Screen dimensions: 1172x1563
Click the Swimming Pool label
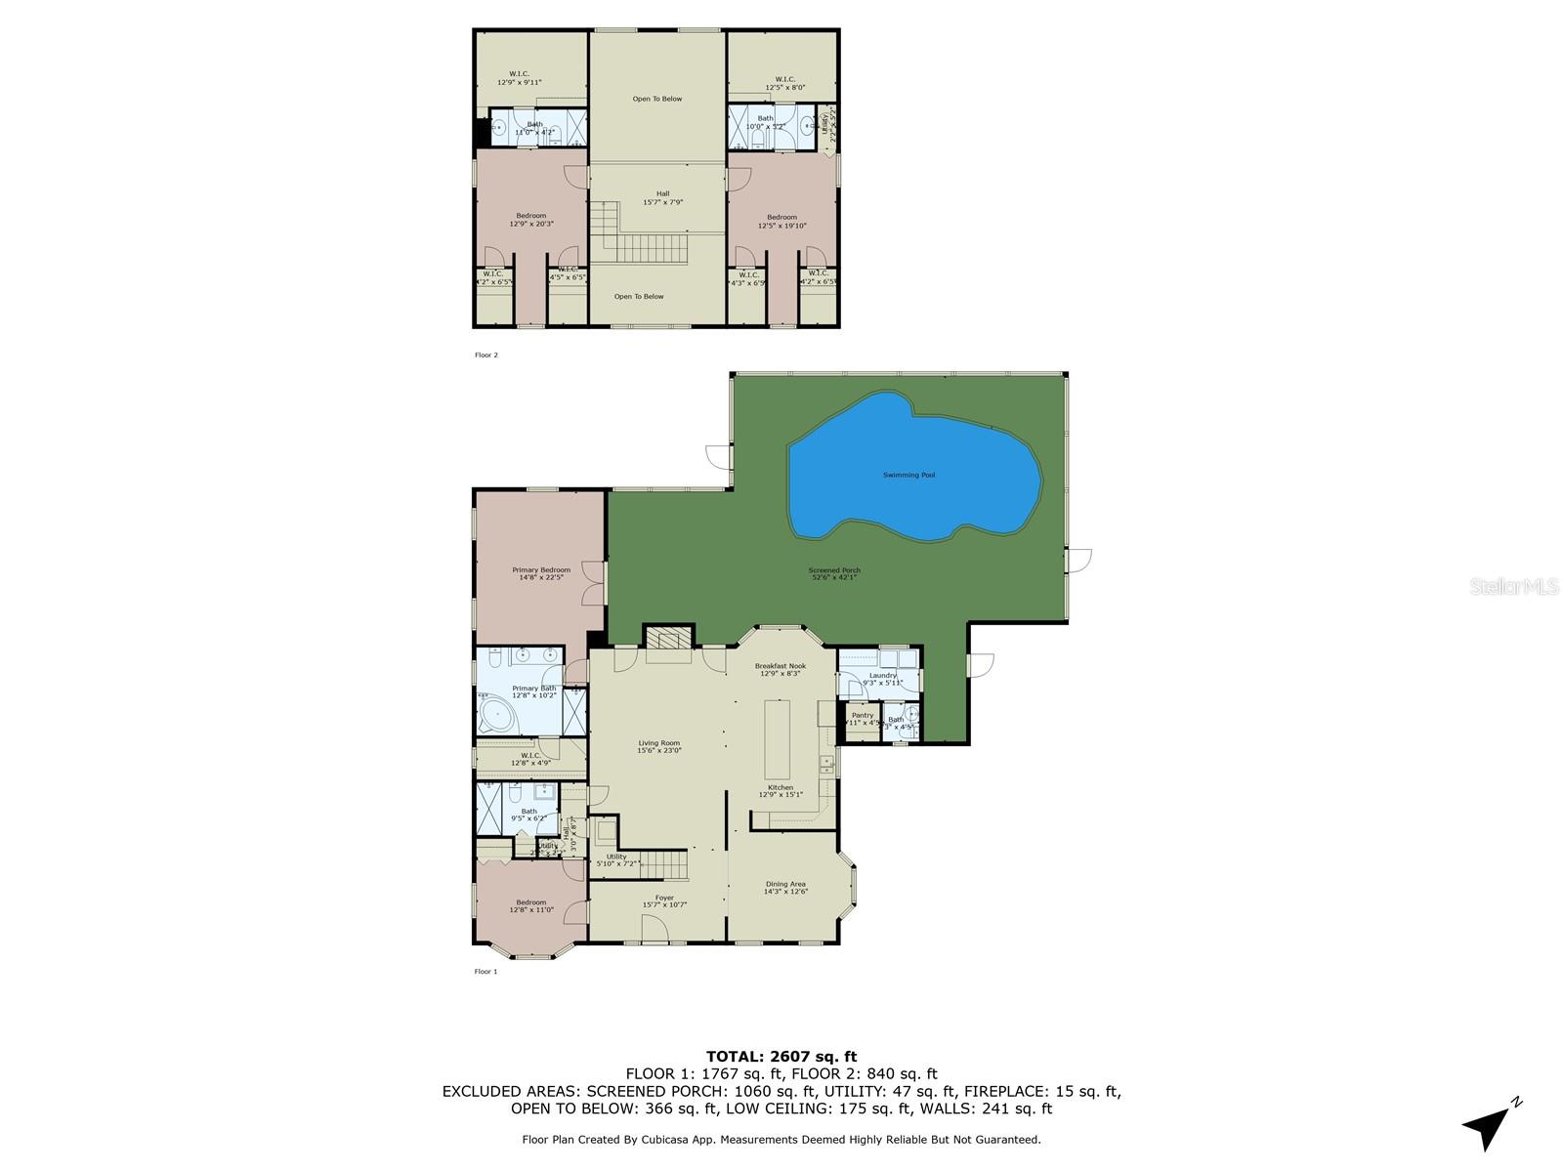point(908,475)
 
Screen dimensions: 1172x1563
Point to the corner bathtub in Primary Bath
point(499,715)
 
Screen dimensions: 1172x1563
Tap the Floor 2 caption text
point(486,356)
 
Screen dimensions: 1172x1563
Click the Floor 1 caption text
point(486,972)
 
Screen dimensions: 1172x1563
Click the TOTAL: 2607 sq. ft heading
point(781,1056)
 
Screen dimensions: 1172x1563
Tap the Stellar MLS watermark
point(1513,586)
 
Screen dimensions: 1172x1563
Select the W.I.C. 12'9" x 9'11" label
point(519,78)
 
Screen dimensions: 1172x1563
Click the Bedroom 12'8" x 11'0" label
point(530,905)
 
